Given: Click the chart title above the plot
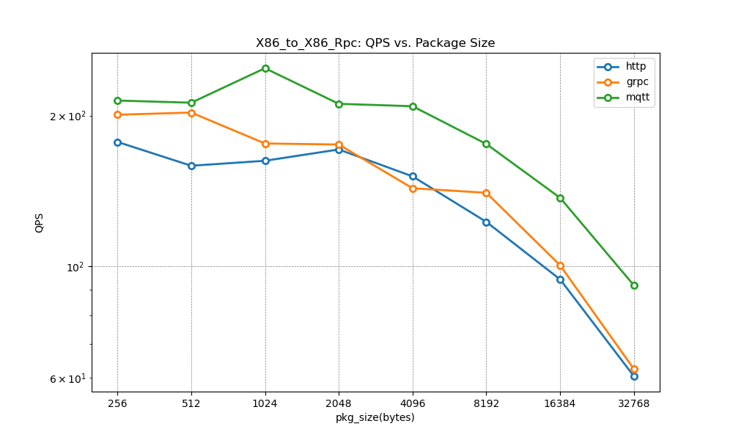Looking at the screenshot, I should click(x=375, y=43).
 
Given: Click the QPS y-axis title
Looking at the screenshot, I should click(x=40, y=223).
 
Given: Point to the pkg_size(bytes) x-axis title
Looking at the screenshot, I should click(x=375, y=417).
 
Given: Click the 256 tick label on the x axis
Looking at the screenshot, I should click(x=117, y=403).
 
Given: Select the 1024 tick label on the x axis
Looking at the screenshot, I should click(x=265, y=403).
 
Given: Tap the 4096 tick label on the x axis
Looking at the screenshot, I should click(x=413, y=403).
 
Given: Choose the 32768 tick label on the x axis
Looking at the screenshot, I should click(x=634, y=403).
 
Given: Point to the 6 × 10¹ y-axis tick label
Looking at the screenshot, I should click(x=67, y=378).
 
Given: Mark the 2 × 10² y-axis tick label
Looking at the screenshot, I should click(x=67, y=116).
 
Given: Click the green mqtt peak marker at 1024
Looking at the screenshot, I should click(x=265, y=68).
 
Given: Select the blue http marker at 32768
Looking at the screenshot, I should click(x=634, y=376).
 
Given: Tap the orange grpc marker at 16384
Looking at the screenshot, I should click(x=560, y=265).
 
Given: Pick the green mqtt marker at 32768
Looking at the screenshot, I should click(x=634, y=285).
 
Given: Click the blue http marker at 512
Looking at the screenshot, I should click(x=191, y=166).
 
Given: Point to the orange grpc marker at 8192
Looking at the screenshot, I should click(x=486, y=193).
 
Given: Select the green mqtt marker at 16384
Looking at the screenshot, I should click(x=560, y=198).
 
